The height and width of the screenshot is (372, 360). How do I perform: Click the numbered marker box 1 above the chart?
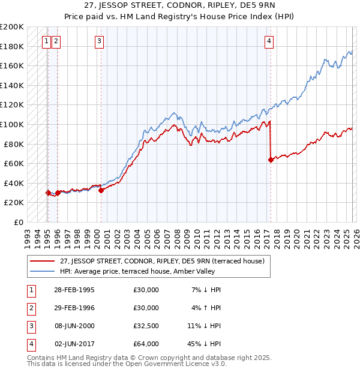(x=47, y=41)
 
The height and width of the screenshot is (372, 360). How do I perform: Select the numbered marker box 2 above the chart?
(x=56, y=41)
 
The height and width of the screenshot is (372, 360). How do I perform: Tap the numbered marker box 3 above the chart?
(x=99, y=41)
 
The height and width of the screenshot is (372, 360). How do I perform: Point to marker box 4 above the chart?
(x=269, y=41)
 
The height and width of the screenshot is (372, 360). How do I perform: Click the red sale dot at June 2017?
(x=271, y=160)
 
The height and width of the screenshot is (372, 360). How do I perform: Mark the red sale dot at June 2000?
(x=101, y=190)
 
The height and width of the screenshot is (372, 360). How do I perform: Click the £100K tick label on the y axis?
(x=12, y=124)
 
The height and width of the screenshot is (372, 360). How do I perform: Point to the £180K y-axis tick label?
(x=12, y=46)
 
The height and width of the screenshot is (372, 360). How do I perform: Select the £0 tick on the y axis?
(x=18, y=222)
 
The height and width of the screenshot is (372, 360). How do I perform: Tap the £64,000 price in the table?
(x=146, y=344)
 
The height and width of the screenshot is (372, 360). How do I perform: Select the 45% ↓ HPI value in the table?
(x=205, y=344)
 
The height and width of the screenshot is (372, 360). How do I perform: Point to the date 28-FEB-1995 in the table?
(x=73, y=290)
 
